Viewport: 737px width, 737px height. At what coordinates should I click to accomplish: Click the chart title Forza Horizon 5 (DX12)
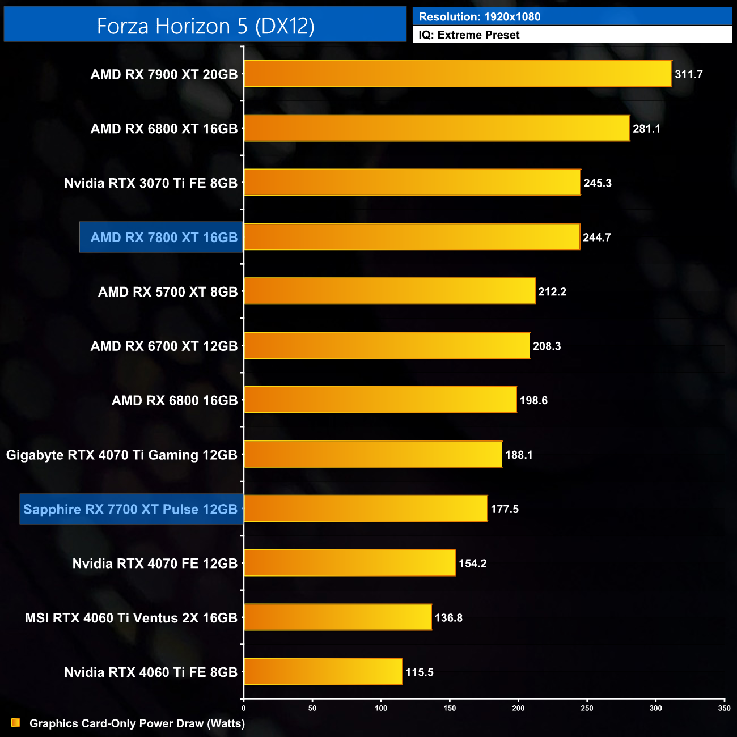[x=205, y=26]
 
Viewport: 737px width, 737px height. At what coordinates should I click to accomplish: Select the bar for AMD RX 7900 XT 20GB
[x=458, y=74]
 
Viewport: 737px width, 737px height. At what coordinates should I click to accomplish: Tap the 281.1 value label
[x=646, y=129]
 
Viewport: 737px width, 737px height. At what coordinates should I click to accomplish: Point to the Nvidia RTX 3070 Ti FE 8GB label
[x=151, y=183]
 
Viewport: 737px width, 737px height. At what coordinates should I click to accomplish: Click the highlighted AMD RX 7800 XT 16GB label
[x=164, y=238]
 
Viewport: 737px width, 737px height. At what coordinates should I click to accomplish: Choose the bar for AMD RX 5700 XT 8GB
[x=389, y=291]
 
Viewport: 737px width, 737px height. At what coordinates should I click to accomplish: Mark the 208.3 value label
[x=547, y=346]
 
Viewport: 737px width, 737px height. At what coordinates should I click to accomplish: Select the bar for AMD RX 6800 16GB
[x=380, y=400]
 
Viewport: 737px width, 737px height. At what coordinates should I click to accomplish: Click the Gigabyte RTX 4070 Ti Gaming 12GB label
[x=122, y=455]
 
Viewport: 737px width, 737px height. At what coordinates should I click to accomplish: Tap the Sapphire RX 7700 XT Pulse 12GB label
[x=130, y=509]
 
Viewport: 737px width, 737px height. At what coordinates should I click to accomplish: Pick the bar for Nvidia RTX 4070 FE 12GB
[x=350, y=563]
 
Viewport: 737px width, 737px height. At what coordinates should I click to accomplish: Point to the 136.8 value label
[x=448, y=618]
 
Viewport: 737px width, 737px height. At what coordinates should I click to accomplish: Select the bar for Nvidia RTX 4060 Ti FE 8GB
[x=323, y=672]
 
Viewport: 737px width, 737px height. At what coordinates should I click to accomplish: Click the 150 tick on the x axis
[x=450, y=708]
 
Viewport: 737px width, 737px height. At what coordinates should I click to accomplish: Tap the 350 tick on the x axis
[x=724, y=708]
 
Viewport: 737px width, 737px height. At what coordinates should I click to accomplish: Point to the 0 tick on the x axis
[x=244, y=708]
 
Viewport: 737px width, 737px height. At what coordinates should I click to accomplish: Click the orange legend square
[x=16, y=723]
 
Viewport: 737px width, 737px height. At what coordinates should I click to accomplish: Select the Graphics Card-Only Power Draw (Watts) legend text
[x=137, y=723]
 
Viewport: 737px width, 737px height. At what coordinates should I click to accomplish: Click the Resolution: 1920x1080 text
[x=480, y=17]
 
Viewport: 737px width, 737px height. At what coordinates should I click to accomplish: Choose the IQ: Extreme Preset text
[x=469, y=35]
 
